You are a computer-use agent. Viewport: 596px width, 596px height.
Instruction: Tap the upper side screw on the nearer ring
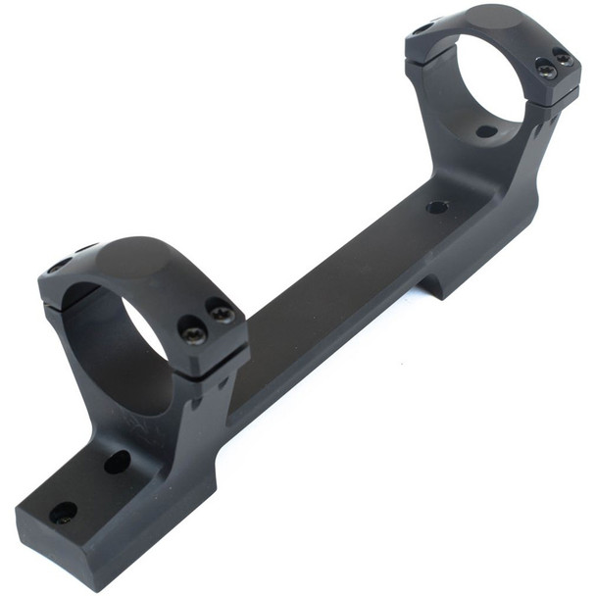(x=222, y=315)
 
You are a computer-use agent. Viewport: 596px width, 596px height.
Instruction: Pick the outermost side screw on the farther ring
(x=565, y=60)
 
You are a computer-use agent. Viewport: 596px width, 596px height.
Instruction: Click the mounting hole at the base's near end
(x=63, y=512)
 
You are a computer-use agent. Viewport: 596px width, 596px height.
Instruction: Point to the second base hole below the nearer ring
(x=117, y=462)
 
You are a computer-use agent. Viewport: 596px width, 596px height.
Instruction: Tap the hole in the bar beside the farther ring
(x=437, y=207)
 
